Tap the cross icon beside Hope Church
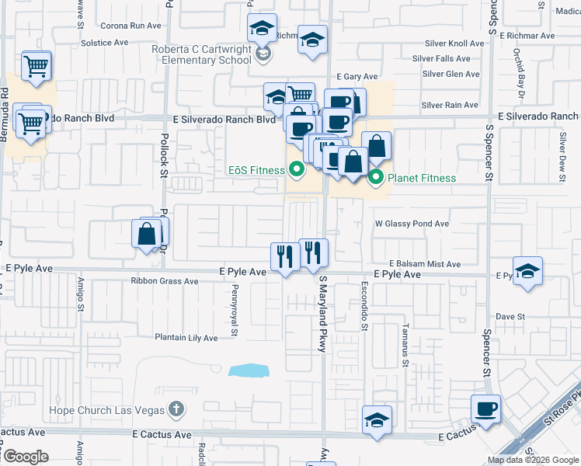[176, 409]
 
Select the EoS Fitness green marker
[296, 169]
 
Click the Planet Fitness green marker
[377, 178]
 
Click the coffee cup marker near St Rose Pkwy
[485, 409]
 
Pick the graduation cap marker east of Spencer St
[528, 272]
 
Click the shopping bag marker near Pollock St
[148, 235]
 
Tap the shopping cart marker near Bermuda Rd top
[36, 68]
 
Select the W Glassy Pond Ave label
[412, 224]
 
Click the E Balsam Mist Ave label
[425, 264]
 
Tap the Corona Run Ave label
[130, 26]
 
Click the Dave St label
[511, 317]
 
